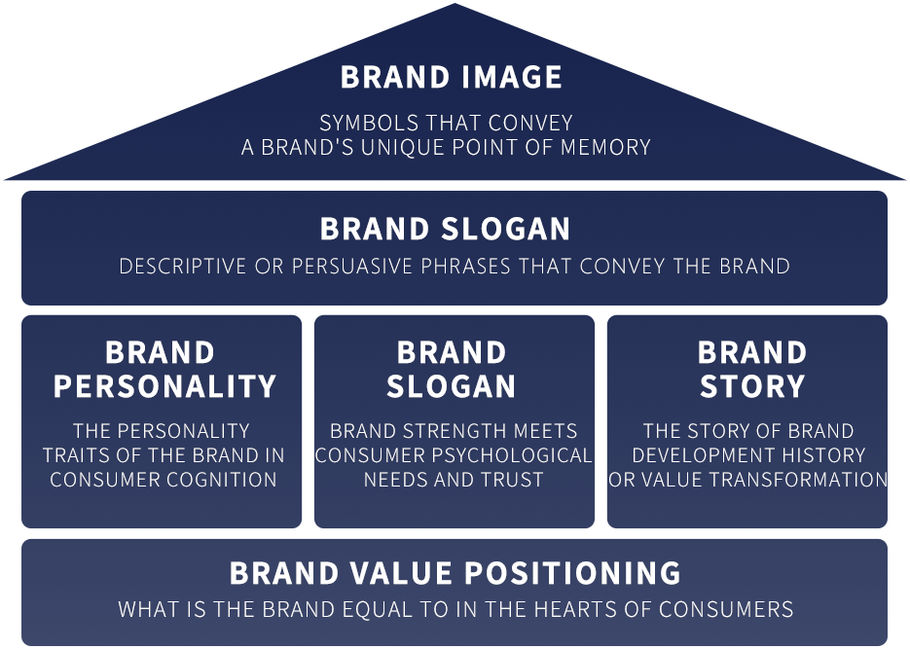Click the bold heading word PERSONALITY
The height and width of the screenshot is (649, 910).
[x=164, y=387]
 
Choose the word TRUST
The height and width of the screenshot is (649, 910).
[x=513, y=480]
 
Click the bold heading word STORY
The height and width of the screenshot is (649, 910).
[x=752, y=387]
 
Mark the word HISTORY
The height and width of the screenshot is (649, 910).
[x=829, y=455]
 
